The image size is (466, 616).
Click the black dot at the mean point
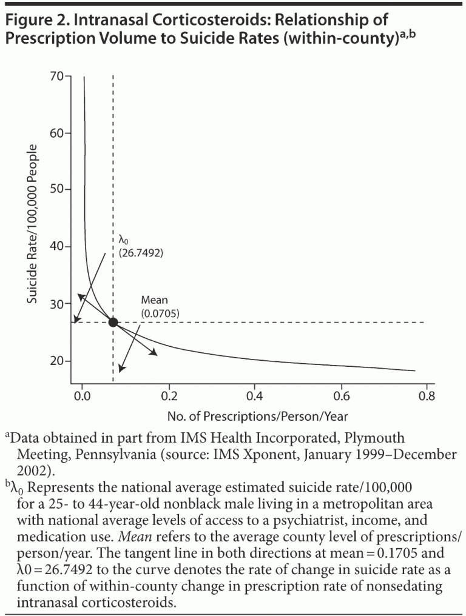pos(113,322)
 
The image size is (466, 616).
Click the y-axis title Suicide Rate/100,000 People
pos(34,224)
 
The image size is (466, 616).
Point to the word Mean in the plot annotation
pos(154,300)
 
